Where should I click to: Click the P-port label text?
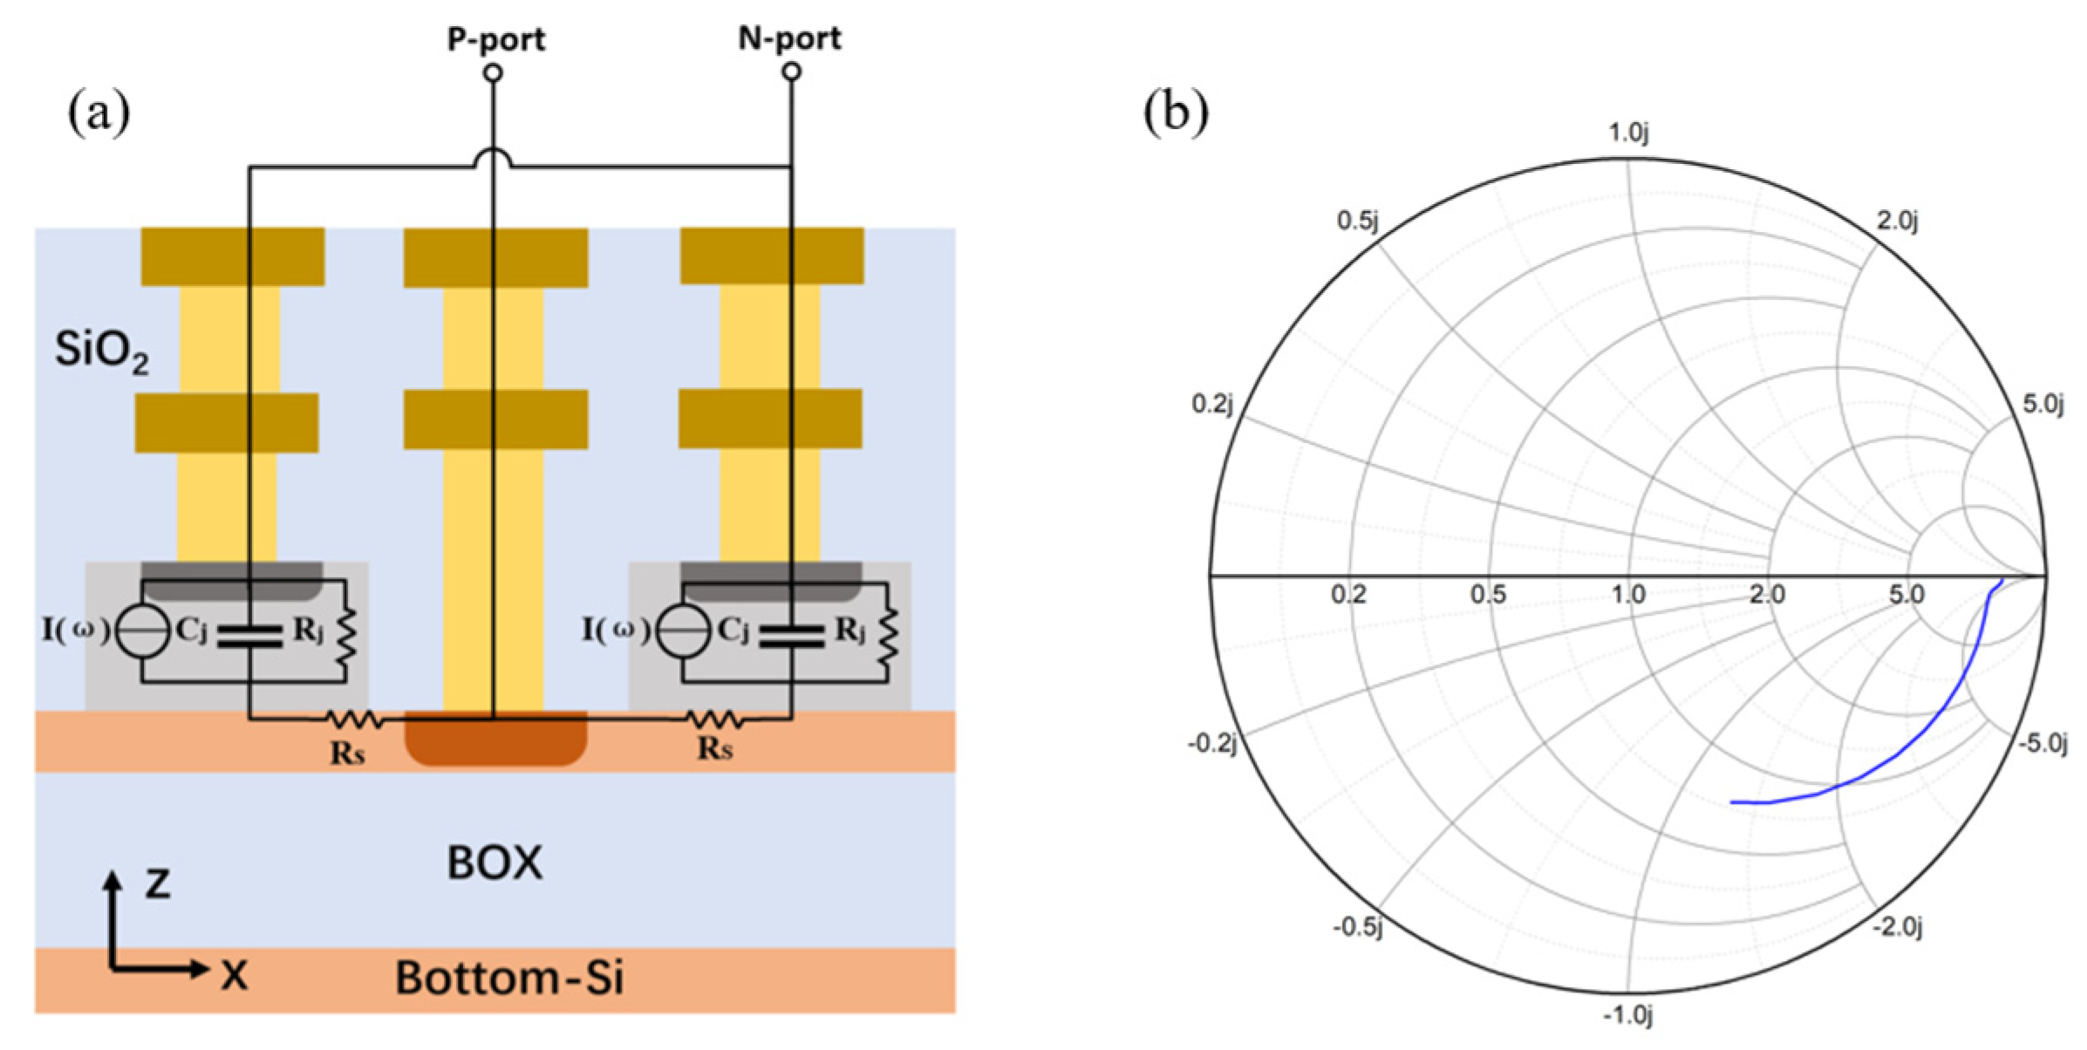coord(495,39)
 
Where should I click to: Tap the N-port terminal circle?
coord(791,72)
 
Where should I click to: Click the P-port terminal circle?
coord(493,73)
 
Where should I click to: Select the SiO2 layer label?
coord(101,351)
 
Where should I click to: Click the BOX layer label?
coord(494,863)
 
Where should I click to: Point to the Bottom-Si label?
coord(509,978)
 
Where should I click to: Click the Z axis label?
coord(158,883)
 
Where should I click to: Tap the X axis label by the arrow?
coord(234,975)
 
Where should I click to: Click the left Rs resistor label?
coord(347,753)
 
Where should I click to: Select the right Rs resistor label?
coord(715,748)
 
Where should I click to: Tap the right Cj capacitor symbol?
coord(791,636)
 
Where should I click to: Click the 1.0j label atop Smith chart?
coord(1628,133)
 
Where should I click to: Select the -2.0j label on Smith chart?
coord(1897,927)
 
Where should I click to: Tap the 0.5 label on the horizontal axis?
coord(1488,595)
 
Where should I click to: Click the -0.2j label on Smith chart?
coord(1212,744)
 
